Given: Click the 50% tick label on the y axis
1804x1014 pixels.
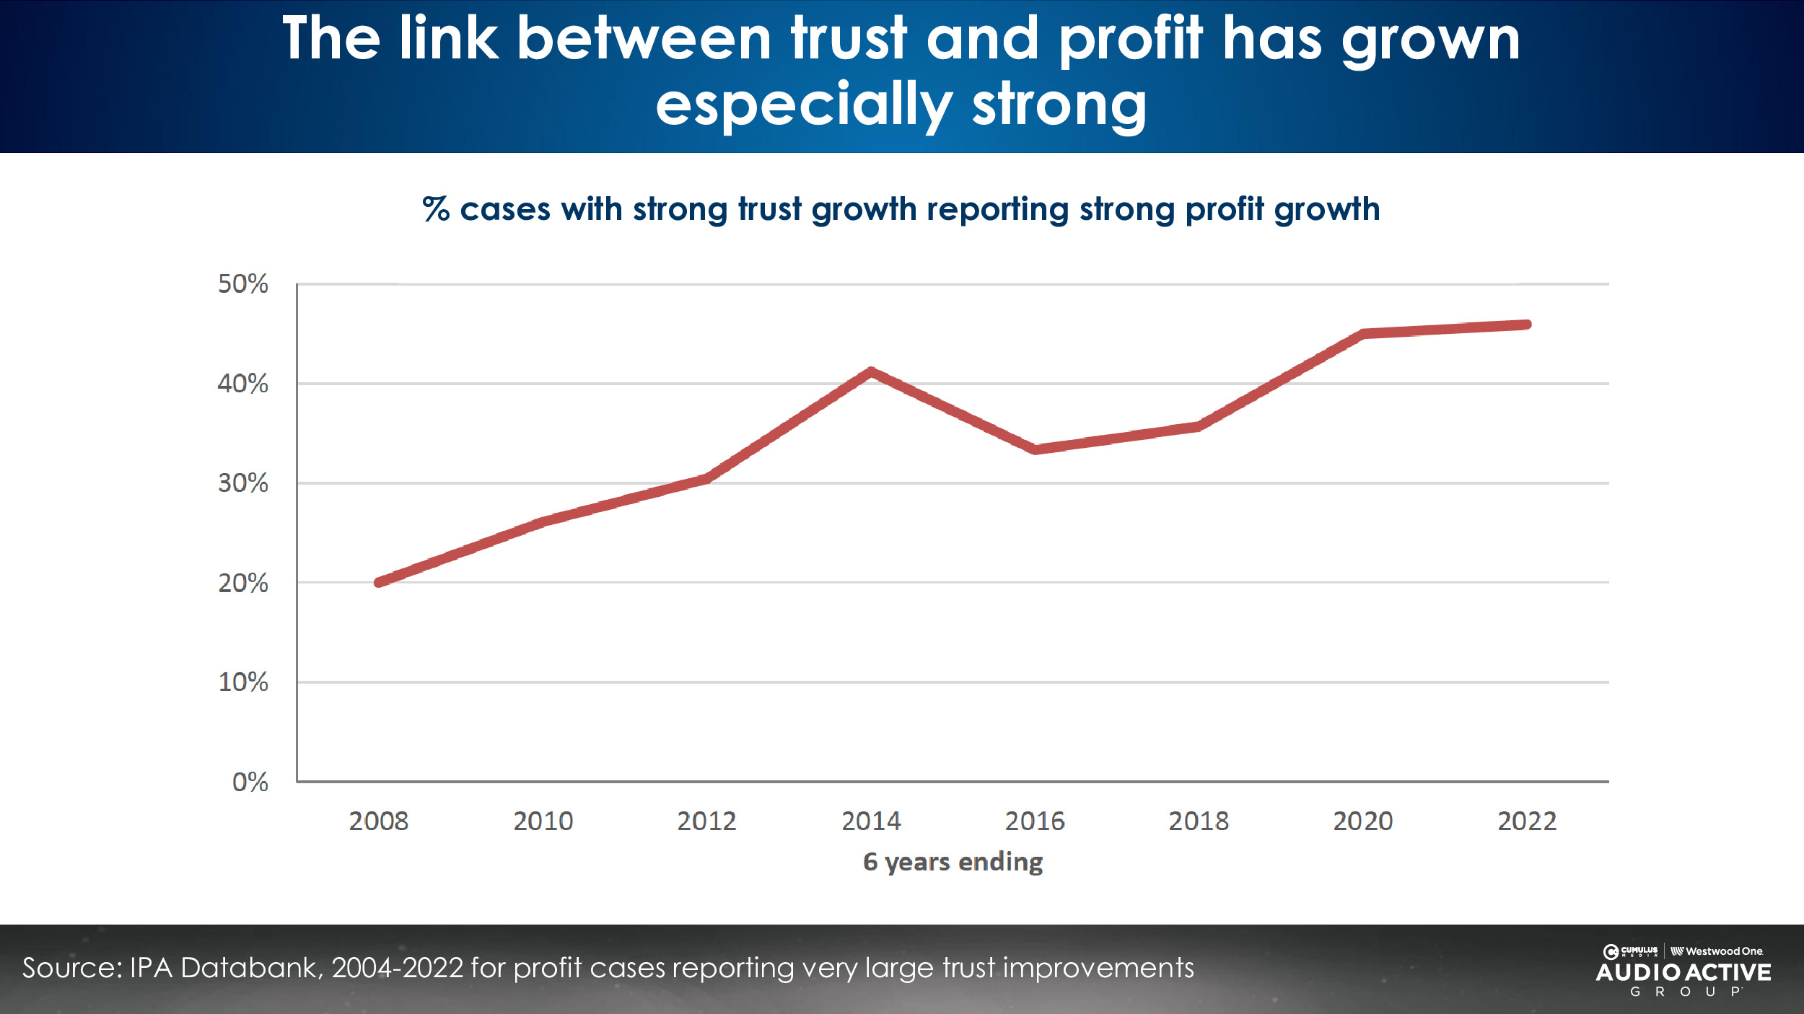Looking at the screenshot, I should coord(242,284).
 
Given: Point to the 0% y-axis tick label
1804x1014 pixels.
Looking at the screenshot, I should coord(250,782).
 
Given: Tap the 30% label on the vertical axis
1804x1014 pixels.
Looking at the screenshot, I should coord(242,483).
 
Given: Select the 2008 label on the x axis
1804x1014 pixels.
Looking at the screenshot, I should coord(378,821).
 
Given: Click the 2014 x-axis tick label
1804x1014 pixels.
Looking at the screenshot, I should coord(871,821).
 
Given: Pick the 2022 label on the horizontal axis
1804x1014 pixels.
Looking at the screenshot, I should coord(1527,821).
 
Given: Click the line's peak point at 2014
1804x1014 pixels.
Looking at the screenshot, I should coord(871,372).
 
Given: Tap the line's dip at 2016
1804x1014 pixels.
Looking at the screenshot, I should coord(1035,449).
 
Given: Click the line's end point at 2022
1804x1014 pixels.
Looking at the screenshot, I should coord(1526,325).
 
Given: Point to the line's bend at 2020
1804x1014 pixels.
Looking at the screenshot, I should coord(1363,334).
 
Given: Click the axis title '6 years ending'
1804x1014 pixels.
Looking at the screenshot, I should coord(953,862).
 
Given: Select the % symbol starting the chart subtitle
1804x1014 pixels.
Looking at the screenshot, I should coord(436,209).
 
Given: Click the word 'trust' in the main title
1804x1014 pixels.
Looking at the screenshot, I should coord(848,39).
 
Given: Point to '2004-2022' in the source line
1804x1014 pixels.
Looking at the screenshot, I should coord(397,968).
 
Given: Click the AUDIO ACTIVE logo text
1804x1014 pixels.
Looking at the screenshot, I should coord(1683,973).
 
